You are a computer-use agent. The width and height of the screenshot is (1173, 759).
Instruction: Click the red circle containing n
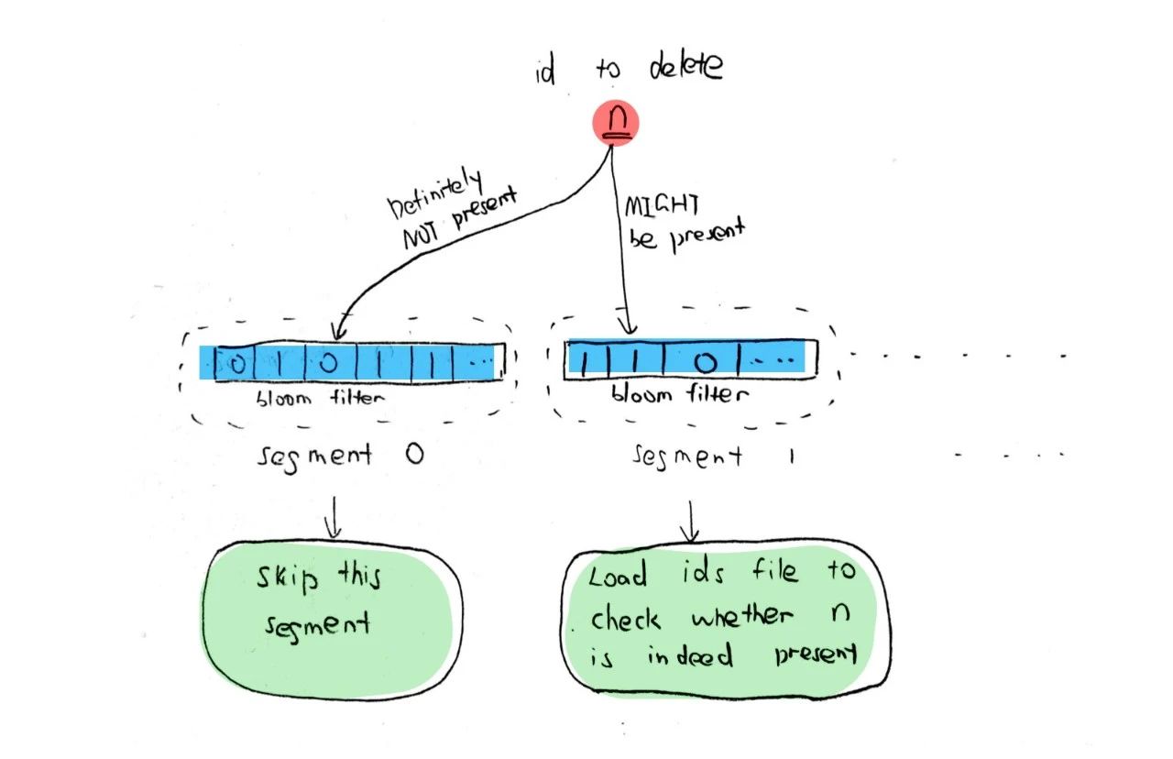coord(616,122)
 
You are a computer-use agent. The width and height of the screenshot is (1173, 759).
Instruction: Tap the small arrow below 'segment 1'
coord(690,521)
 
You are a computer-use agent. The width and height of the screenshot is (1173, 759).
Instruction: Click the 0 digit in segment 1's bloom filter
coord(704,361)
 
